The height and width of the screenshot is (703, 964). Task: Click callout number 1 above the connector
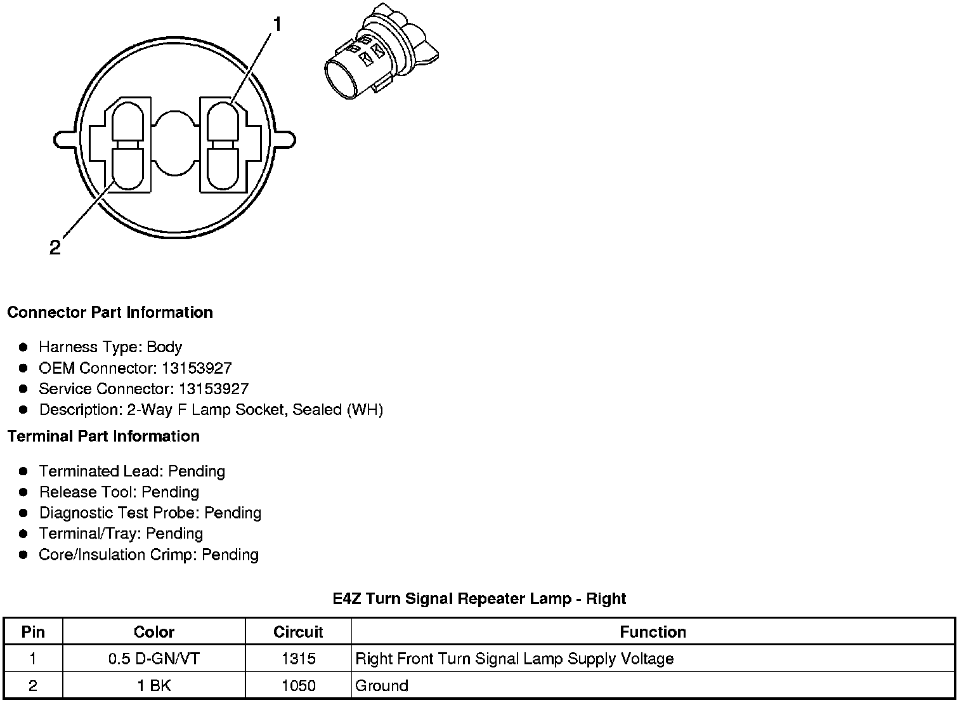(x=277, y=25)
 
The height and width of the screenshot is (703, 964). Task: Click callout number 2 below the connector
(x=55, y=247)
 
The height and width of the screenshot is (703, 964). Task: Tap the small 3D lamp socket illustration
(x=380, y=58)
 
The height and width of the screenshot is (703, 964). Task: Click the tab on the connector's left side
(x=63, y=138)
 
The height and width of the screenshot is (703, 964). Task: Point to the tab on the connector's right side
(x=285, y=138)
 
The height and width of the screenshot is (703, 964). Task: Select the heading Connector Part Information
(x=110, y=312)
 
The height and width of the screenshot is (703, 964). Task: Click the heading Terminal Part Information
(x=103, y=436)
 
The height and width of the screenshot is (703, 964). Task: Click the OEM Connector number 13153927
(x=197, y=368)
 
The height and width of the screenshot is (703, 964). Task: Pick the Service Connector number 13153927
(x=213, y=389)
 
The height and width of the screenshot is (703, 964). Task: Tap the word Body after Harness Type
(x=164, y=347)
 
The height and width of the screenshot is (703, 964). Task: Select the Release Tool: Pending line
(x=119, y=492)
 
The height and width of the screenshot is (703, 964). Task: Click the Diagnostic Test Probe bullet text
(x=150, y=513)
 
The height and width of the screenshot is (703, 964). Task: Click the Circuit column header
(x=298, y=632)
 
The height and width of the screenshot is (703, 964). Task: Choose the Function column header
(x=653, y=632)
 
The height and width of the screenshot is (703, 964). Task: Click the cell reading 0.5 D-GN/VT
(x=154, y=659)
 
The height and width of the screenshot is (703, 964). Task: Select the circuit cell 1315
(x=298, y=659)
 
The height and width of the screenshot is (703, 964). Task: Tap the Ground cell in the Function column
(x=382, y=685)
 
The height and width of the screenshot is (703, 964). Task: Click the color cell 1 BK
(x=154, y=685)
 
